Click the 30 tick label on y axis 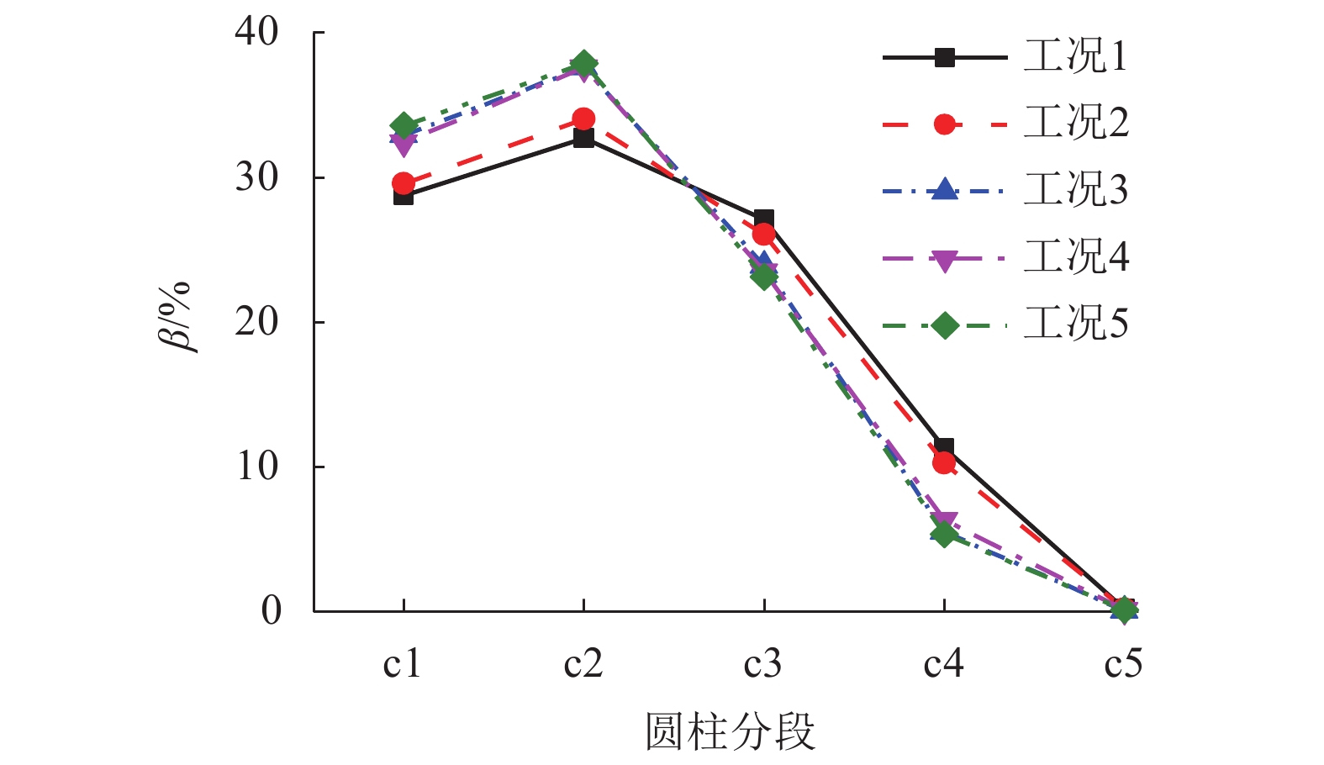pyautogui.click(x=256, y=177)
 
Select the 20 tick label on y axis pyautogui.click(x=256, y=322)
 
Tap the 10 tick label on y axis pyautogui.click(x=256, y=467)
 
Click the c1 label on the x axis pyautogui.click(x=402, y=664)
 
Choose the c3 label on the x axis pyautogui.click(x=762, y=664)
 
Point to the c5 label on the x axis pyautogui.click(x=1123, y=664)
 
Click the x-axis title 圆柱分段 pyautogui.click(x=730, y=731)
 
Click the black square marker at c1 pyautogui.click(x=404, y=196)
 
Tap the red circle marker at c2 pyautogui.click(x=583, y=119)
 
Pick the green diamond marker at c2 pyautogui.click(x=584, y=64)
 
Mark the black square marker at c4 pyautogui.click(x=944, y=447)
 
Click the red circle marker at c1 pyautogui.click(x=404, y=182)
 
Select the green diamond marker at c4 pyautogui.click(x=944, y=535)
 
